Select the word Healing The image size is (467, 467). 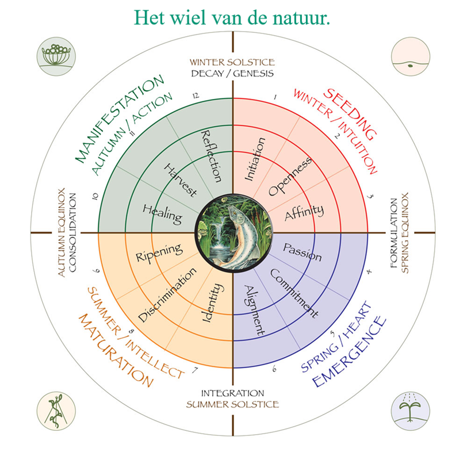(x=163, y=213)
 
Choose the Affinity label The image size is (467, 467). (x=304, y=212)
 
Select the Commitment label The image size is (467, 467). (x=293, y=293)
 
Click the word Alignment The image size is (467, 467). (x=254, y=309)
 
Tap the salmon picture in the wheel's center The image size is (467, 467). (x=233, y=234)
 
